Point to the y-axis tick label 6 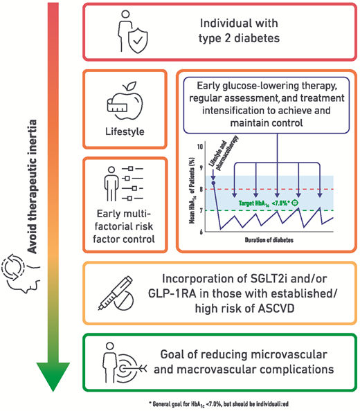[200, 232]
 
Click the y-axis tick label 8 [200, 190]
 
